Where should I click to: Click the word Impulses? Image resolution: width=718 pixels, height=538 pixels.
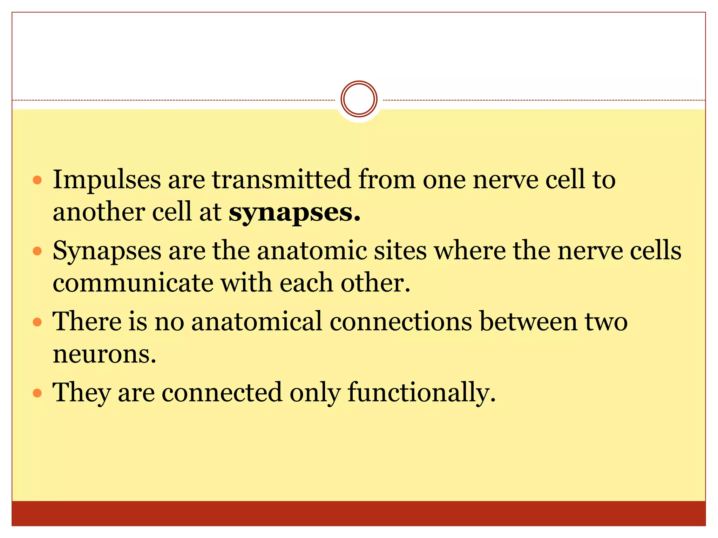(x=107, y=180)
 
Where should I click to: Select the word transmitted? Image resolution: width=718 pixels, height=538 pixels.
(x=281, y=180)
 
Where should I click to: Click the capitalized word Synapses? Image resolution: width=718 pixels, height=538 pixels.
(x=107, y=251)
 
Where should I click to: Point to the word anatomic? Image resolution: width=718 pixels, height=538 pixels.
(x=312, y=251)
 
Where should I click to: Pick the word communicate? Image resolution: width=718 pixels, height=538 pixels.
(x=133, y=283)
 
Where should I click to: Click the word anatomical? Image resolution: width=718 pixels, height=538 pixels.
(x=257, y=321)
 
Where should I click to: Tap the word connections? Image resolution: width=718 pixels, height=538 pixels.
(x=401, y=321)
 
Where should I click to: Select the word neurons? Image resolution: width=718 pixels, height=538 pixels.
(x=104, y=354)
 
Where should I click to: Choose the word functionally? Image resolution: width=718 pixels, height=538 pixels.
(x=421, y=392)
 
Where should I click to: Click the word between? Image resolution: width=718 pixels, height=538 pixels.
(x=528, y=321)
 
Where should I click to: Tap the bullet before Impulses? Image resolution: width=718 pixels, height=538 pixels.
(x=37, y=180)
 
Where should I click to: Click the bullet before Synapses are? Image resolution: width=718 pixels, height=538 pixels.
(x=37, y=251)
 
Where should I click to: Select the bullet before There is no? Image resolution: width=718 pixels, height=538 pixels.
(x=37, y=322)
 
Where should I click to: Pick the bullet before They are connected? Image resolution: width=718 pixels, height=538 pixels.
(x=37, y=393)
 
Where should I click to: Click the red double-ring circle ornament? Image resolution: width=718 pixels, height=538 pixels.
(x=359, y=99)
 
